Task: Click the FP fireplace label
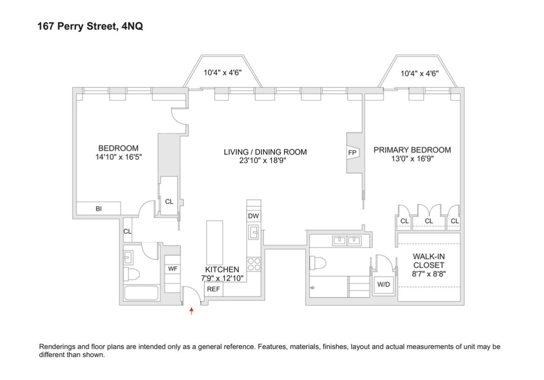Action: (352, 153)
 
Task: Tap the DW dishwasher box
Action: (253, 216)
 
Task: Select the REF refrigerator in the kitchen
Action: (213, 289)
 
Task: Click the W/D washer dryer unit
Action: (384, 285)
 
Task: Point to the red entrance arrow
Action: (191, 311)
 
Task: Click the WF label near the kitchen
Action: (172, 269)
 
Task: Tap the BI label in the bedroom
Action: (99, 209)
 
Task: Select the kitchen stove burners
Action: (253, 264)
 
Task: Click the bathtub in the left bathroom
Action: (142, 293)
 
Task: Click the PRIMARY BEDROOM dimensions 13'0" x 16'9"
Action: (412, 159)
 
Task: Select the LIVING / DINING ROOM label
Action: (265, 152)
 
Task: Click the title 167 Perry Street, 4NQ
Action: (90, 27)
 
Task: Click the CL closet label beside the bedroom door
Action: (169, 201)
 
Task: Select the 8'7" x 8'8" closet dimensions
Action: (428, 274)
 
